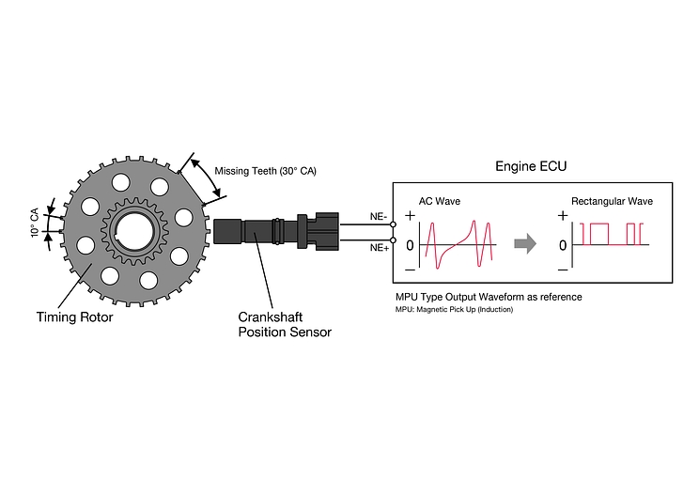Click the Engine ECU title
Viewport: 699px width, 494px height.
click(531, 166)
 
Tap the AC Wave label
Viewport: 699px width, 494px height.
click(440, 201)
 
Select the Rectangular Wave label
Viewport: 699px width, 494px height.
click(612, 201)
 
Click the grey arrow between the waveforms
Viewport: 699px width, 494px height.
click(525, 244)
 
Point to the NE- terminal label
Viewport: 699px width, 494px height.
click(379, 217)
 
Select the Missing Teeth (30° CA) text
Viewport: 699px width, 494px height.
click(266, 171)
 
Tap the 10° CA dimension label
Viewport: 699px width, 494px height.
click(35, 220)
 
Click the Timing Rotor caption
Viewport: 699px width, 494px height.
click(74, 316)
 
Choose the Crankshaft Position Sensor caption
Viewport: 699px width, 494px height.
click(285, 325)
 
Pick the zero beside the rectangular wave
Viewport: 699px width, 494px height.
click(562, 245)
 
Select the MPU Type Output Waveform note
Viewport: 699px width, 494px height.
click(489, 297)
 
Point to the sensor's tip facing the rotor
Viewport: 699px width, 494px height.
click(222, 232)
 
